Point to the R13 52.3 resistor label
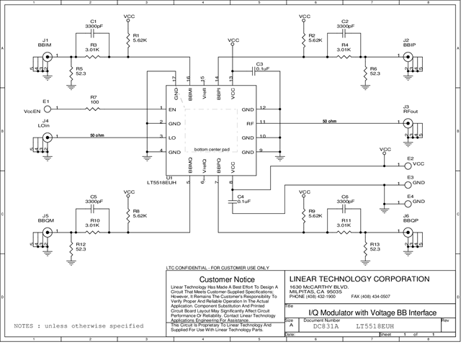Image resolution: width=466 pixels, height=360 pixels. click(375, 248)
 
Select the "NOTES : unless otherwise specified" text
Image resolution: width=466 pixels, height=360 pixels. click(79, 326)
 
